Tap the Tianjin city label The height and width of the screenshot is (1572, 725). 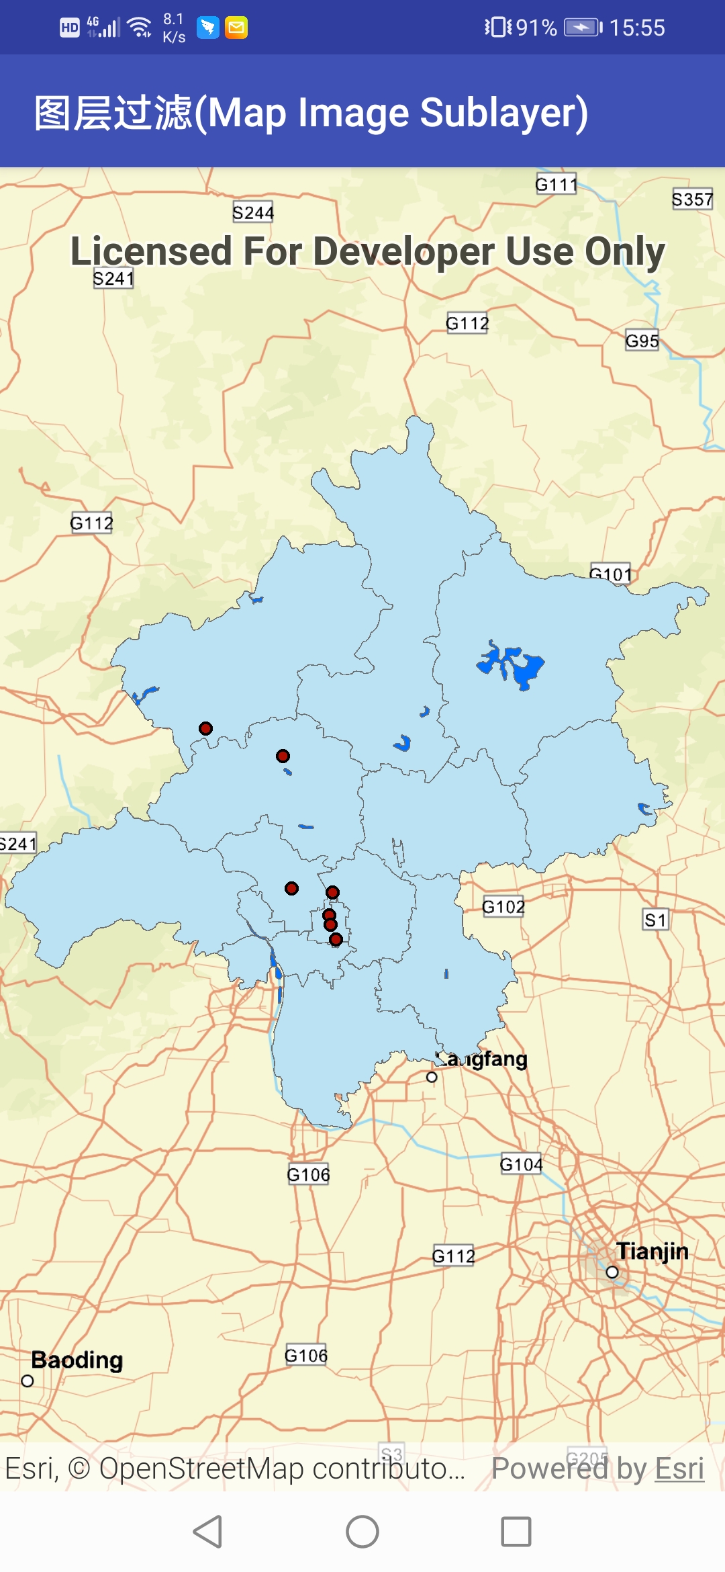(652, 1251)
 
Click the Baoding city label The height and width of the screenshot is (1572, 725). (77, 1360)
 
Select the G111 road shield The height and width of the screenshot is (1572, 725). (556, 184)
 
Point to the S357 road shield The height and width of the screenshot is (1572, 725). (692, 199)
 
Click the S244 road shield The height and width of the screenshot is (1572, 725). (253, 212)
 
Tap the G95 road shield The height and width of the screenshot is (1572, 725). (642, 341)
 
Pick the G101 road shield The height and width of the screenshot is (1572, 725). (610, 573)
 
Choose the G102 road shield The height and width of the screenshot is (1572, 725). (503, 907)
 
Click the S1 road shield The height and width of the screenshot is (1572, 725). (655, 920)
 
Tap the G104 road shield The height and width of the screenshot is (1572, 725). (521, 1164)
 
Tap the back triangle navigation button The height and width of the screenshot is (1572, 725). (208, 1532)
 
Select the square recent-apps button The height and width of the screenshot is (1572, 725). (516, 1532)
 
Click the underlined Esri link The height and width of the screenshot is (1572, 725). (679, 1469)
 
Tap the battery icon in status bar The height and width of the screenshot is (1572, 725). (581, 28)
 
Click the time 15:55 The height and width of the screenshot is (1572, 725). (636, 28)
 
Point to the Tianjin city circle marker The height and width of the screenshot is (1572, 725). (612, 1272)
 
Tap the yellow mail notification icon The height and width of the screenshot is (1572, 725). (236, 28)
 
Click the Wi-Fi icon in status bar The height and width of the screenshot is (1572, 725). (140, 28)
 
